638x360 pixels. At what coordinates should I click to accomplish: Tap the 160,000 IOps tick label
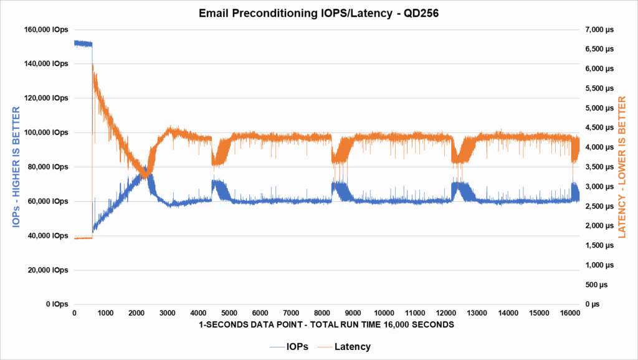46,29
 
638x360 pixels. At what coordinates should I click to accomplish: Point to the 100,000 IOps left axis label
46,133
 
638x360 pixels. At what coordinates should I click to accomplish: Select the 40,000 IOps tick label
48,236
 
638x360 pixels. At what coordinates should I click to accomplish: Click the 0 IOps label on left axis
56,305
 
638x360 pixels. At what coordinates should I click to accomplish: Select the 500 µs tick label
599,285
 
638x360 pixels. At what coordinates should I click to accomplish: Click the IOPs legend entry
286,346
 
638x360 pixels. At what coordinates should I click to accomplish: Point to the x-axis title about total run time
323,325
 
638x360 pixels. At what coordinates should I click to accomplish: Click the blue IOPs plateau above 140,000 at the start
83,44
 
